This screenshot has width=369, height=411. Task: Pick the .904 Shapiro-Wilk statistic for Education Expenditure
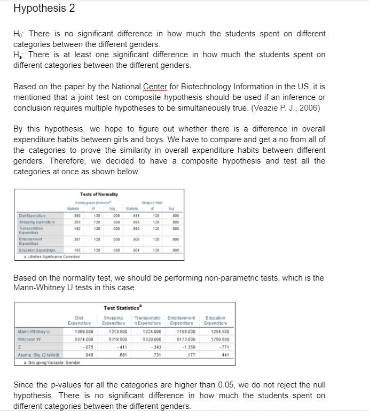point(137,250)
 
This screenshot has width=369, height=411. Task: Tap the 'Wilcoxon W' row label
point(27,340)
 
